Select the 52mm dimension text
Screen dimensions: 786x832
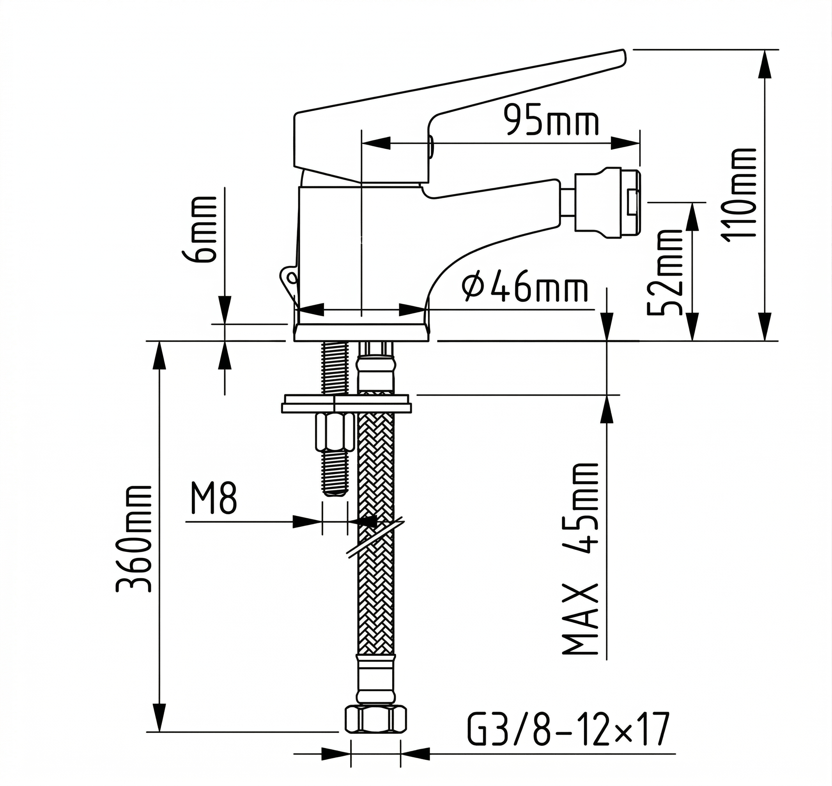click(665, 273)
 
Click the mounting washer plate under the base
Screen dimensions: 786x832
click(347, 404)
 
